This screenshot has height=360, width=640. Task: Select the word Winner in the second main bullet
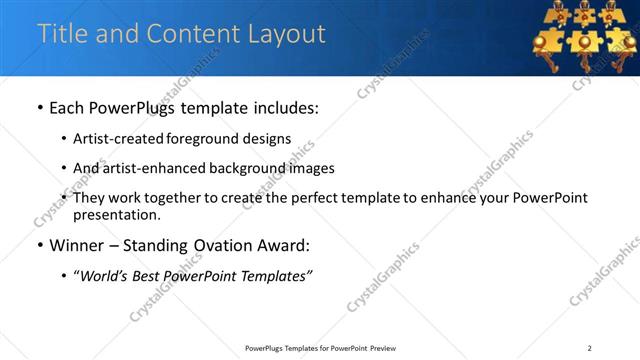coord(76,246)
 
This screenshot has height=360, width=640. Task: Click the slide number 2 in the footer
coord(590,348)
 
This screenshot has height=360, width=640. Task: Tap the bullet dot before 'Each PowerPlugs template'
coord(39,108)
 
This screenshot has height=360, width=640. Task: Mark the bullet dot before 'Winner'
coord(39,246)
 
